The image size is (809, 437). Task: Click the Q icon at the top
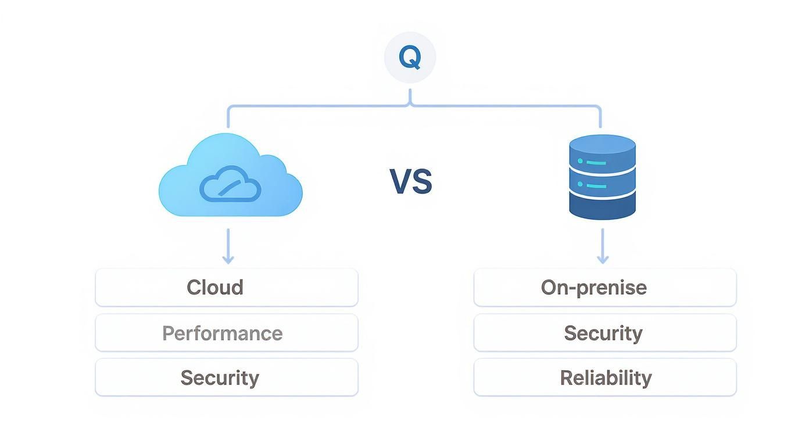click(x=410, y=58)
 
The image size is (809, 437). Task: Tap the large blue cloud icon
click(x=230, y=177)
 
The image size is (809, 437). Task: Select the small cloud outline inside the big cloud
click(x=230, y=184)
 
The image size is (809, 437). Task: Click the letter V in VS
click(x=401, y=181)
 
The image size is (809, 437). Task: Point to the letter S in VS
click(x=422, y=181)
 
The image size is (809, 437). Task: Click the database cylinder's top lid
click(x=602, y=144)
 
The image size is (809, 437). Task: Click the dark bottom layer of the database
click(x=602, y=208)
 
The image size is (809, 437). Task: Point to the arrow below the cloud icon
click(x=228, y=247)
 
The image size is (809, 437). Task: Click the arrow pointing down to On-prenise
click(x=602, y=247)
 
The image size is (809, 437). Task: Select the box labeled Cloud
click(x=227, y=287)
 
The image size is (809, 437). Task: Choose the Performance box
click(x=227, y=333)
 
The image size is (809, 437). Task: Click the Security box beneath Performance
click(x=227, y=378)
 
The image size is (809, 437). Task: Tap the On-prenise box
click(x=605, y=287)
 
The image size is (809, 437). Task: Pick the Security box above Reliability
click(x=605, y=333)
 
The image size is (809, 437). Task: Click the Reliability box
click(x=605, y=378)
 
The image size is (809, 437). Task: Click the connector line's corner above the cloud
click(x=229, y=108)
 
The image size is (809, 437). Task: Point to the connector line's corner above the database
click(x=599, y=108)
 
